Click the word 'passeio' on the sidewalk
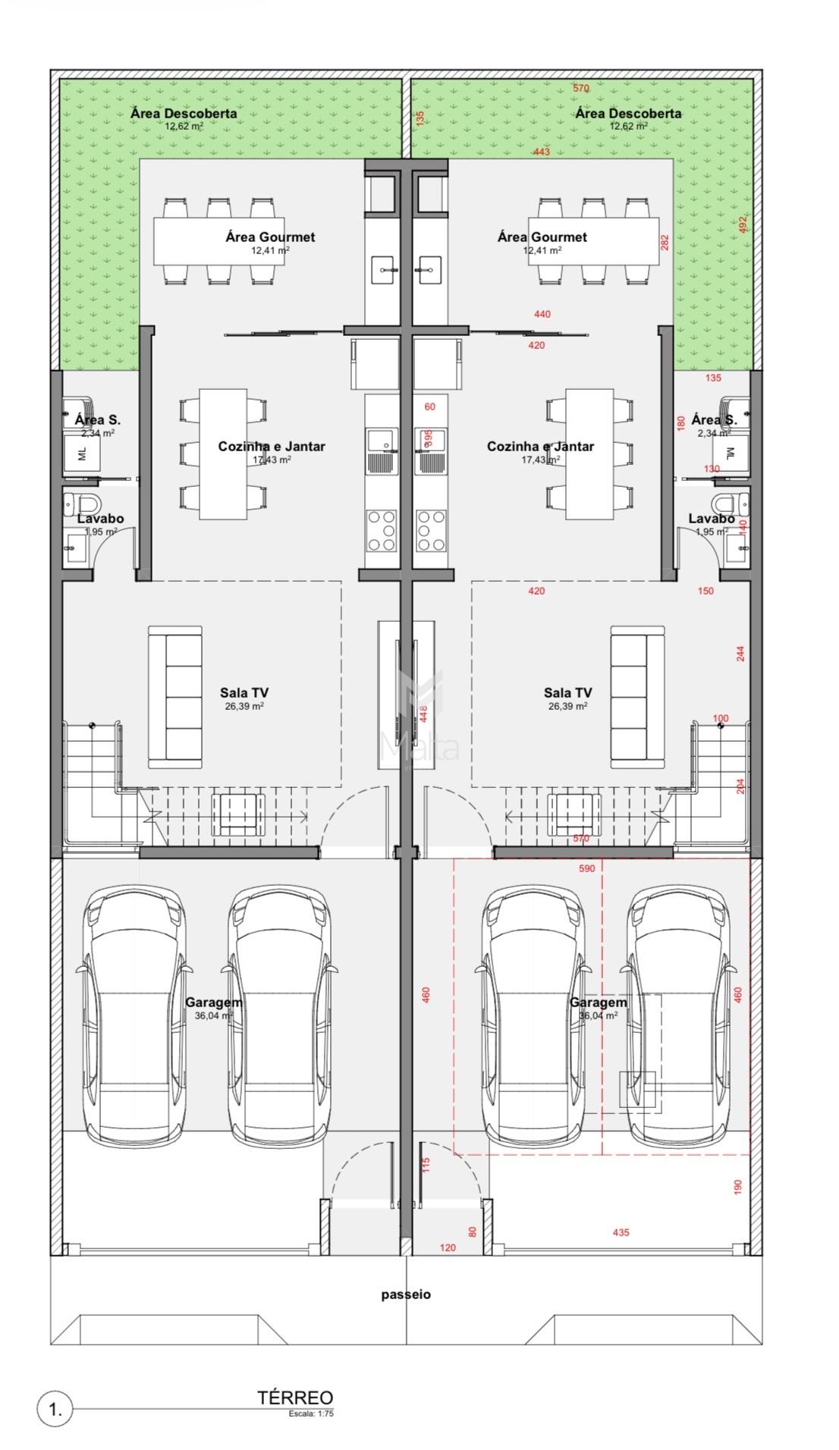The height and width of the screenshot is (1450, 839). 406,1295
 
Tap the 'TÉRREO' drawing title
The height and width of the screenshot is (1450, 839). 295,1398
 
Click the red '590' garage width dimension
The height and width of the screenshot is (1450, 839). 586,868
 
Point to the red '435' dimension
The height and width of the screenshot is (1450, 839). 621,1232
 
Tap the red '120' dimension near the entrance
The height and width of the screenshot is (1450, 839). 448,1248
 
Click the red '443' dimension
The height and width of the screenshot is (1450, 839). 541,152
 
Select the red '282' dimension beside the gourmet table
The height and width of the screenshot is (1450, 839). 665,243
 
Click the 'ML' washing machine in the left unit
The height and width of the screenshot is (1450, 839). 83,454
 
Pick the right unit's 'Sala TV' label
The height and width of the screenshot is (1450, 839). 567,692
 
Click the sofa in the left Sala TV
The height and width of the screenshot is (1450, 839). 174,694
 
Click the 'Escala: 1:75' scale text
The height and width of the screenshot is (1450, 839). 311,1413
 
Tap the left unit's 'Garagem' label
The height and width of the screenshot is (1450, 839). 214,1002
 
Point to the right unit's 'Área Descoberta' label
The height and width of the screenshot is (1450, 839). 628,114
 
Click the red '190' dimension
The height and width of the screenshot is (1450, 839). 739,1187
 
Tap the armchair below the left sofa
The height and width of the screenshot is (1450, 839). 238,814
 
